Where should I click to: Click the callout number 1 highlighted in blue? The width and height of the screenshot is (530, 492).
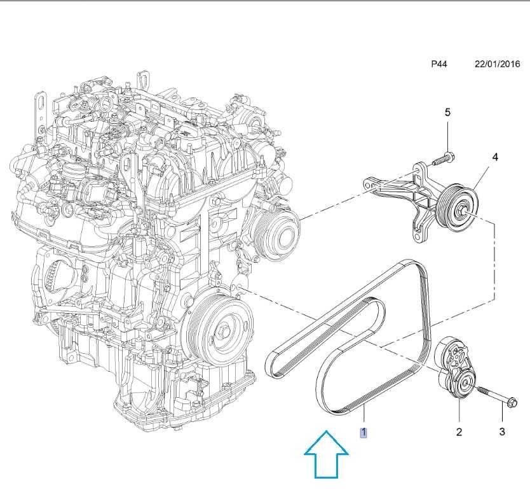(x=364, y=433)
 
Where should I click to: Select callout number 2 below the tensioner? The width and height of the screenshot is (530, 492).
(x=459, y=433)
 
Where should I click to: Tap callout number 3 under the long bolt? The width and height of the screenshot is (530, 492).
(x=501, y=433)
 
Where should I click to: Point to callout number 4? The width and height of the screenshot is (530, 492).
(x=494, y=157)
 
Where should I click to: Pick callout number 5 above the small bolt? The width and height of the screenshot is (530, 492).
(x=447, y=112)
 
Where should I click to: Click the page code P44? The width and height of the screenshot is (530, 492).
(x=439, y=64)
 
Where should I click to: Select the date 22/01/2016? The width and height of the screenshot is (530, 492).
(x=498, y=64)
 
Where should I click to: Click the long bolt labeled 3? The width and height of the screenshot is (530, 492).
(x=496, y=398)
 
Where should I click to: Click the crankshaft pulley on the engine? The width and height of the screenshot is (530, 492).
(x=219, y=331)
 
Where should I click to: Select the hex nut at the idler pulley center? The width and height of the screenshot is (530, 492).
(x=463, y=206)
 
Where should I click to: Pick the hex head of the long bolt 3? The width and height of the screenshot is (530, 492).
(x=512, y=402)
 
